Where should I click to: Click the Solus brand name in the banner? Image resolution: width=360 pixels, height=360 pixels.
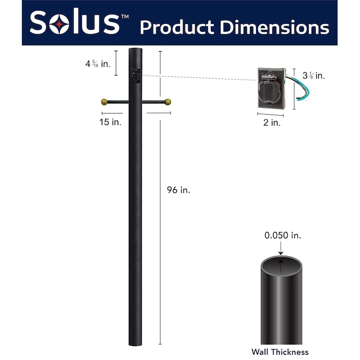[x=75, y=22]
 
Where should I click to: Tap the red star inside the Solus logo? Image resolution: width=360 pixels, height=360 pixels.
[x=59, y=24]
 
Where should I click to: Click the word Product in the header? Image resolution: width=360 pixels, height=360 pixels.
[x=177, y=28]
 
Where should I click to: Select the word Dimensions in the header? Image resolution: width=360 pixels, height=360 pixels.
[x=275, y=27]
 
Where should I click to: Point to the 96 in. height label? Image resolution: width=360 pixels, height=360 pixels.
[x=178, y=190]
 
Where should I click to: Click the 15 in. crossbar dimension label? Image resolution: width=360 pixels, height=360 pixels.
[x=110, y=122]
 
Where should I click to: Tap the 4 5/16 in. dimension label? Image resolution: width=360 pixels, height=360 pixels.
[x=98, y=63]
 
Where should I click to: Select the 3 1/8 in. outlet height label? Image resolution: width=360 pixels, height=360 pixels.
[x=314, y=75]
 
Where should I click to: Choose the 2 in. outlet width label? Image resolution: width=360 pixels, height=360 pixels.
[x=272, y=123]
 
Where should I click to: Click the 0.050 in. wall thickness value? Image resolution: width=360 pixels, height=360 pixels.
[x=283, y=235]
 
